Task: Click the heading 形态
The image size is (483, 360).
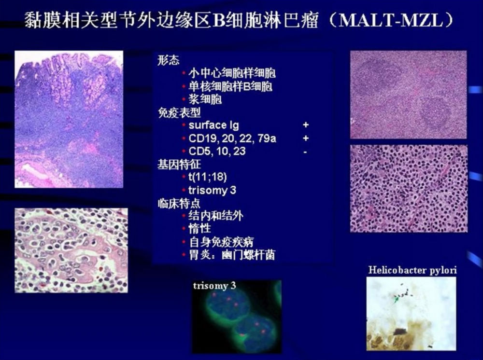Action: click(x=168, y=60)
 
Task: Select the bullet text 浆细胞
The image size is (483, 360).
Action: click(x=205, y=99)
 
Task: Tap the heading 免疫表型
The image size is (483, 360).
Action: click(x=179, y=112)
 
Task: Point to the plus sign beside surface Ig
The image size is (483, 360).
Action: click(x=306, y=125)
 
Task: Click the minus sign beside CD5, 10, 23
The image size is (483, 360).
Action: click(x=305, y=152)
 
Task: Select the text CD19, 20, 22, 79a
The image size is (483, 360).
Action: click(x=232, y=138)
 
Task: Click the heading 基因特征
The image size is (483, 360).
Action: click(x=179, y=164)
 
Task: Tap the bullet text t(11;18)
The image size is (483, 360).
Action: click(x=208, y=177)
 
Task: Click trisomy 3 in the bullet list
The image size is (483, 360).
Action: click(x=212, y=190)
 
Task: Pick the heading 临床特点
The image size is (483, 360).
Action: click(x=179, y=203)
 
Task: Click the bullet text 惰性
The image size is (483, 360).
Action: click(x=200, y=229)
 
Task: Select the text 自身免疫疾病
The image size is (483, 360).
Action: click(x=222, y=242)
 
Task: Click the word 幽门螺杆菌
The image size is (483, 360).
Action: click(x=248, y=255)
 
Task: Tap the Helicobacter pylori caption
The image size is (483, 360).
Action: click(x=412, y=270)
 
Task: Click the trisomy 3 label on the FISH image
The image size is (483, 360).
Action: click(x=214, y=286)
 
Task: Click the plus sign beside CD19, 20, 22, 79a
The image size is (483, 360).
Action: click(x=306, y=138)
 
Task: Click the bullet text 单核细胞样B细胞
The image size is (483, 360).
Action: click(x=230, y=86)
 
